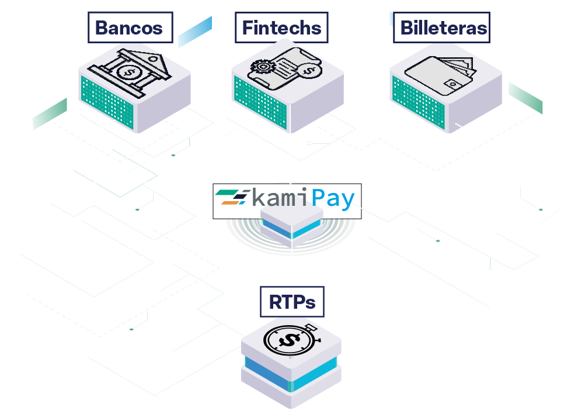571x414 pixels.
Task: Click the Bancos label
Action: click(x=130, y=27)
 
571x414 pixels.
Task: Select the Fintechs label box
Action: click(x=281, y=27)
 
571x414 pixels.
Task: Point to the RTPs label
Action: click(x=291, y=302)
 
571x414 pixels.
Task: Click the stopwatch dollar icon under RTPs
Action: click(x=290, y=340)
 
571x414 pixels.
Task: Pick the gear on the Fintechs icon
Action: click(x=261, y=67)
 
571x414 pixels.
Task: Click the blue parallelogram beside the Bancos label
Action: click(x=194, y=32)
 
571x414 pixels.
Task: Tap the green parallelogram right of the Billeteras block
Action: click(x=525, y=98)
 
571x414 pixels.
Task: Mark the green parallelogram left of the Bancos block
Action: click(x=50, y=114)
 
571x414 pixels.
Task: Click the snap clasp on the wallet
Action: click(x=452, y=85)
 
